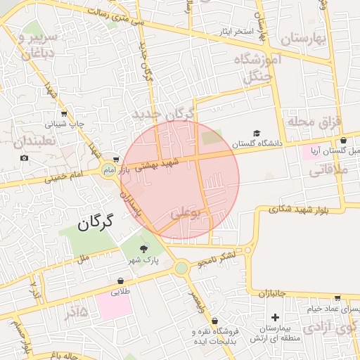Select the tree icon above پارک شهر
pyautogui.click(x=145, y=249)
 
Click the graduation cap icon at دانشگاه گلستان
pyautogui.click(x=257, y=134)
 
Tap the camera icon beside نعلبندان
pyautogui.click(x=25, y=157)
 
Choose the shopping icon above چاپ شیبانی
pyautogui.click(x=64, y=113)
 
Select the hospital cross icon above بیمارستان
pyautogui.click(x=275, y=318)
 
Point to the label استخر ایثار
pyautogui.click(x=235, y=32)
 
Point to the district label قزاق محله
pyautogui.click(x=314, y=122)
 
